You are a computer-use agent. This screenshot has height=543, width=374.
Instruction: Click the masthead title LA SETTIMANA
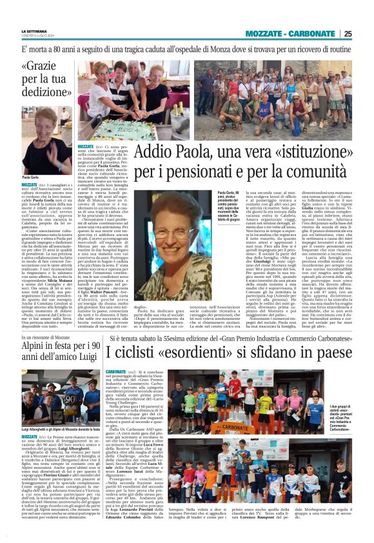click(37, 31)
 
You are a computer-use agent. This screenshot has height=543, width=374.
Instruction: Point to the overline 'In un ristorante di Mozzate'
click(49, 337)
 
